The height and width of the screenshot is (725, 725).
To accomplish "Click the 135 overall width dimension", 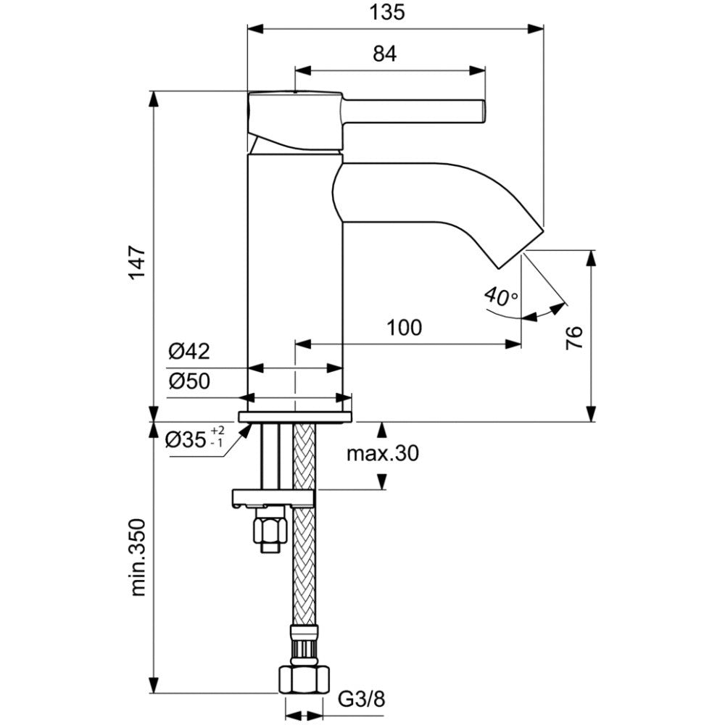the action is (x=387, y=12).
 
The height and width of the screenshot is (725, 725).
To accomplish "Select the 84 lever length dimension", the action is (x=385, y=54).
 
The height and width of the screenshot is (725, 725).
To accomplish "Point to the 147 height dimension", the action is (x=138, y=262).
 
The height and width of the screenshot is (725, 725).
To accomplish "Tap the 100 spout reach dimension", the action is (x=404, y=328).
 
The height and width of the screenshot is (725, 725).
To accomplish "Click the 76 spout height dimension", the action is (x=575, y=338).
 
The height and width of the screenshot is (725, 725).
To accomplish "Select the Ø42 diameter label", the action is (x=189, y=352).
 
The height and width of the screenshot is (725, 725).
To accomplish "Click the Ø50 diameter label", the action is (x=189, y=381).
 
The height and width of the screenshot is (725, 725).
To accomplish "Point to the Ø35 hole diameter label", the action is (x=194, y=438).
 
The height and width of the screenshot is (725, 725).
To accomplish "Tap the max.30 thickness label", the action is (x=383, y=453).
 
